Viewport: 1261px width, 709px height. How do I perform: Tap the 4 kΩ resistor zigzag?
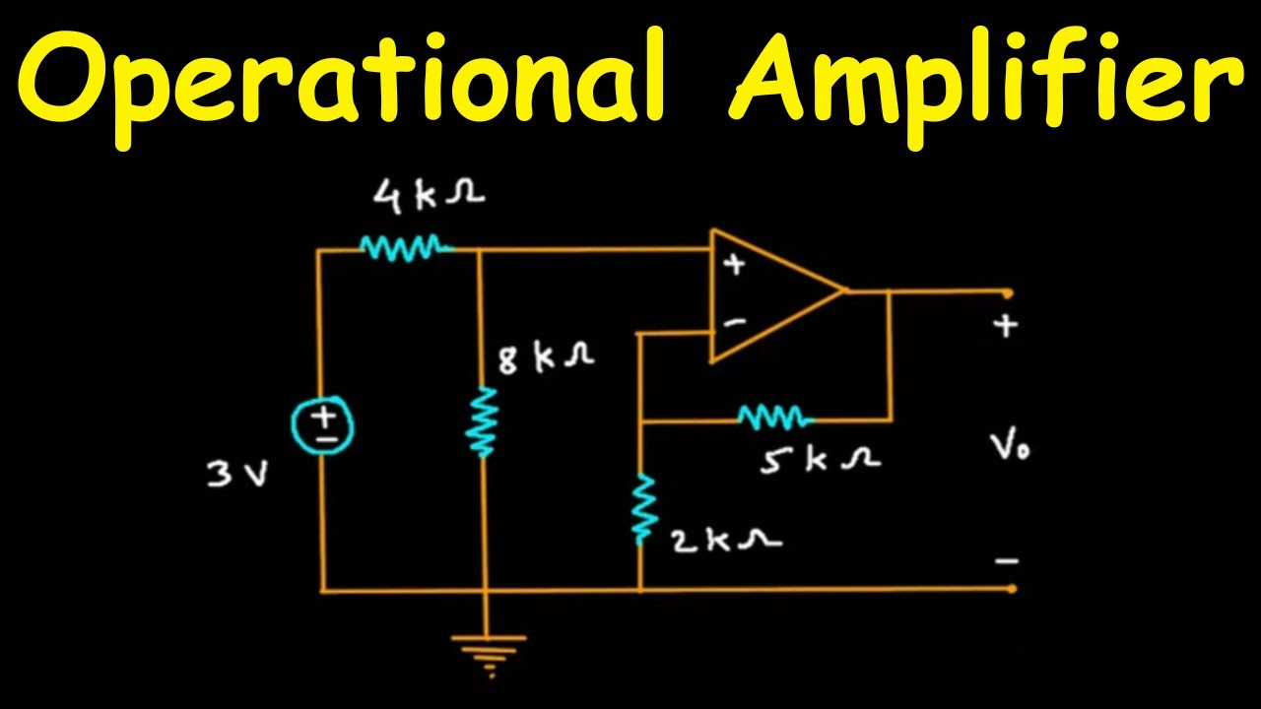[x=405, y=248]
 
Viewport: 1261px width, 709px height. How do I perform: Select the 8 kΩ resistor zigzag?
[x=484, y=421]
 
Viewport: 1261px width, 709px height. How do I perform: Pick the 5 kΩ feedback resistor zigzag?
[x=774, y=419]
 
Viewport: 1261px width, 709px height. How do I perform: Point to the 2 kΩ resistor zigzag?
[x=642, y=508]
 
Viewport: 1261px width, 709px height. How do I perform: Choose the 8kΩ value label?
[x=546, y=358]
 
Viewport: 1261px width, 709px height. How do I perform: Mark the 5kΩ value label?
[x=820, y=460]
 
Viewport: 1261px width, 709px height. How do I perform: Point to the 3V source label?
[x=237, y=476]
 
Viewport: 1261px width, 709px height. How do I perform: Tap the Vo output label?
[x=1011, y=450]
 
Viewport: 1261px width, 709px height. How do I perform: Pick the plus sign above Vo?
[x=1005, y=326]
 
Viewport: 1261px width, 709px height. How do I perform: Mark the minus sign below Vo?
[x=1006, y=561]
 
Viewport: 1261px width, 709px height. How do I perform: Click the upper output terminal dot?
[x=1008, y=292]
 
